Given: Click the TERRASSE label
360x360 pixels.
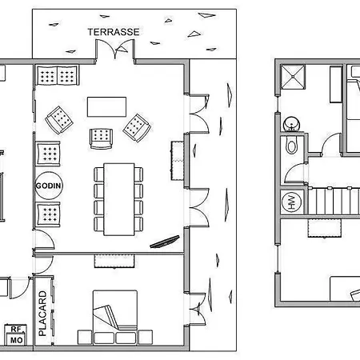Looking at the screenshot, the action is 114,32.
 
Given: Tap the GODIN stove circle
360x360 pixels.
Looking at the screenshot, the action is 49,186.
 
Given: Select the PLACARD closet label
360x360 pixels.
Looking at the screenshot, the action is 42,314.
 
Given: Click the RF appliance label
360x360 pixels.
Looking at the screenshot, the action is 16,330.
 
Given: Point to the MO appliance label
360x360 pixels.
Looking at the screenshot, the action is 16,340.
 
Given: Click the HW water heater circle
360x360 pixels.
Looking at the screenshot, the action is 291,202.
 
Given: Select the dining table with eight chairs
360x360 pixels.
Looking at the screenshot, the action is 118,199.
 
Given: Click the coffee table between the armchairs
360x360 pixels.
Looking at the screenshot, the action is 106,106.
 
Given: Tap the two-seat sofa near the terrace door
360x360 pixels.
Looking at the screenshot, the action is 58,75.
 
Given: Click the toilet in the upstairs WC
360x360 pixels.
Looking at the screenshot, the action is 291,146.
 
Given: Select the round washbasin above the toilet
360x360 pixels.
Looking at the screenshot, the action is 291,124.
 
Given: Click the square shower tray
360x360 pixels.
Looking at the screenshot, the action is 293,77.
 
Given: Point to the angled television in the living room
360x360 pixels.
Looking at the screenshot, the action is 165,242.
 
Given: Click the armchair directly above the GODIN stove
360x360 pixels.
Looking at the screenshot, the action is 48,154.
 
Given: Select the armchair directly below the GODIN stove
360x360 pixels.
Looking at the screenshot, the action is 48,214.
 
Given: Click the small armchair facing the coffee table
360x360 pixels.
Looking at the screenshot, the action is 101,138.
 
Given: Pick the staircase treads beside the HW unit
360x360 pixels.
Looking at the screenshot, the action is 334,201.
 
